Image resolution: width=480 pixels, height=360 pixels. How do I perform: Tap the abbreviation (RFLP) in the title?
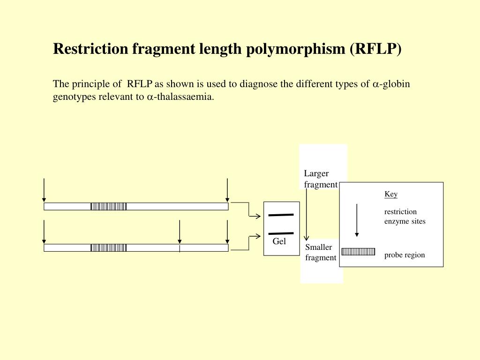(x=375, y=49)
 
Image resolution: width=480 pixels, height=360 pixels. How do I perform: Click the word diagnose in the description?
(x=259, y=84)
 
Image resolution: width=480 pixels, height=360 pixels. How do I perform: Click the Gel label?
(x=279, y=241)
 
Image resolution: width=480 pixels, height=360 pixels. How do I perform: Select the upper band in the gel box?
(x=281, y=215)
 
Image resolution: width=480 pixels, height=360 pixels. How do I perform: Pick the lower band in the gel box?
(x=281, y=233)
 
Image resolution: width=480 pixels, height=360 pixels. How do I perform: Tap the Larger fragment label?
(x=321, y=179)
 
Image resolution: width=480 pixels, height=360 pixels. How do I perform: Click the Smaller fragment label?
(x=321, y=252)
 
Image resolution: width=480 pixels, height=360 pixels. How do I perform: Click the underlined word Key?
(x=391, y=194)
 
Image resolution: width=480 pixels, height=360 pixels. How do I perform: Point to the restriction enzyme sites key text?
(x=405, y=216)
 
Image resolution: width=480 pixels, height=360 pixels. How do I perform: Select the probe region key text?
(x=405, y=255)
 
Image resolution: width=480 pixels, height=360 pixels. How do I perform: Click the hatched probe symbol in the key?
(x=358, y=252)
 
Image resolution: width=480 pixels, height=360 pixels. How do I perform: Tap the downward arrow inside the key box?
(x=357, y=220)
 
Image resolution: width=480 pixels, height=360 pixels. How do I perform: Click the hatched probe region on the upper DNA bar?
(x=108, y=206)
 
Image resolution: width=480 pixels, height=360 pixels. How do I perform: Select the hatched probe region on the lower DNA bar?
(x=108, y=247)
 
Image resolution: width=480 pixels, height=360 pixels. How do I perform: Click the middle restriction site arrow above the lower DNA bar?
(x=180, y=232)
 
